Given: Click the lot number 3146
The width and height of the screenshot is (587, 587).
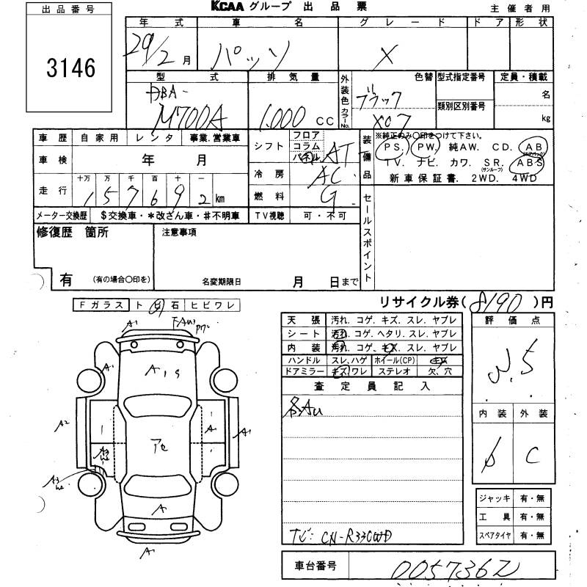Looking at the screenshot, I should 70,68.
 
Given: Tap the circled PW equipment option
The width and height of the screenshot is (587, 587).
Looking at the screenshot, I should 423,147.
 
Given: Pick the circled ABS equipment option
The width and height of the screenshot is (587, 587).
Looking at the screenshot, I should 531,162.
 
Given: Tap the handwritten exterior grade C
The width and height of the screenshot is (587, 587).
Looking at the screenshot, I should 532,454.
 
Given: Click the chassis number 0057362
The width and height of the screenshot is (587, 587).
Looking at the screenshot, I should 430,569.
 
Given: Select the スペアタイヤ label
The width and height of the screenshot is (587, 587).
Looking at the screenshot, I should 494,536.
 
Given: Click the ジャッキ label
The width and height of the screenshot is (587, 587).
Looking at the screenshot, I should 493,498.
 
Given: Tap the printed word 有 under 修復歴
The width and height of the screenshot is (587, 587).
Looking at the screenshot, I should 67,280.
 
